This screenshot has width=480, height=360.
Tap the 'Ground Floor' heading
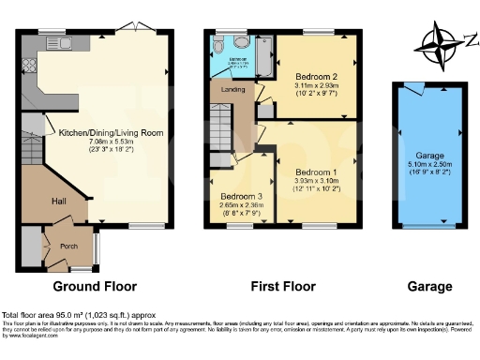(94, 286)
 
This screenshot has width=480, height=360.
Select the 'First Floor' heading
(282, 286)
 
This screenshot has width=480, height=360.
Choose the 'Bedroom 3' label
(239, 197)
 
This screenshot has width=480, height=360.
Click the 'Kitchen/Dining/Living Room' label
(111, 133)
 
